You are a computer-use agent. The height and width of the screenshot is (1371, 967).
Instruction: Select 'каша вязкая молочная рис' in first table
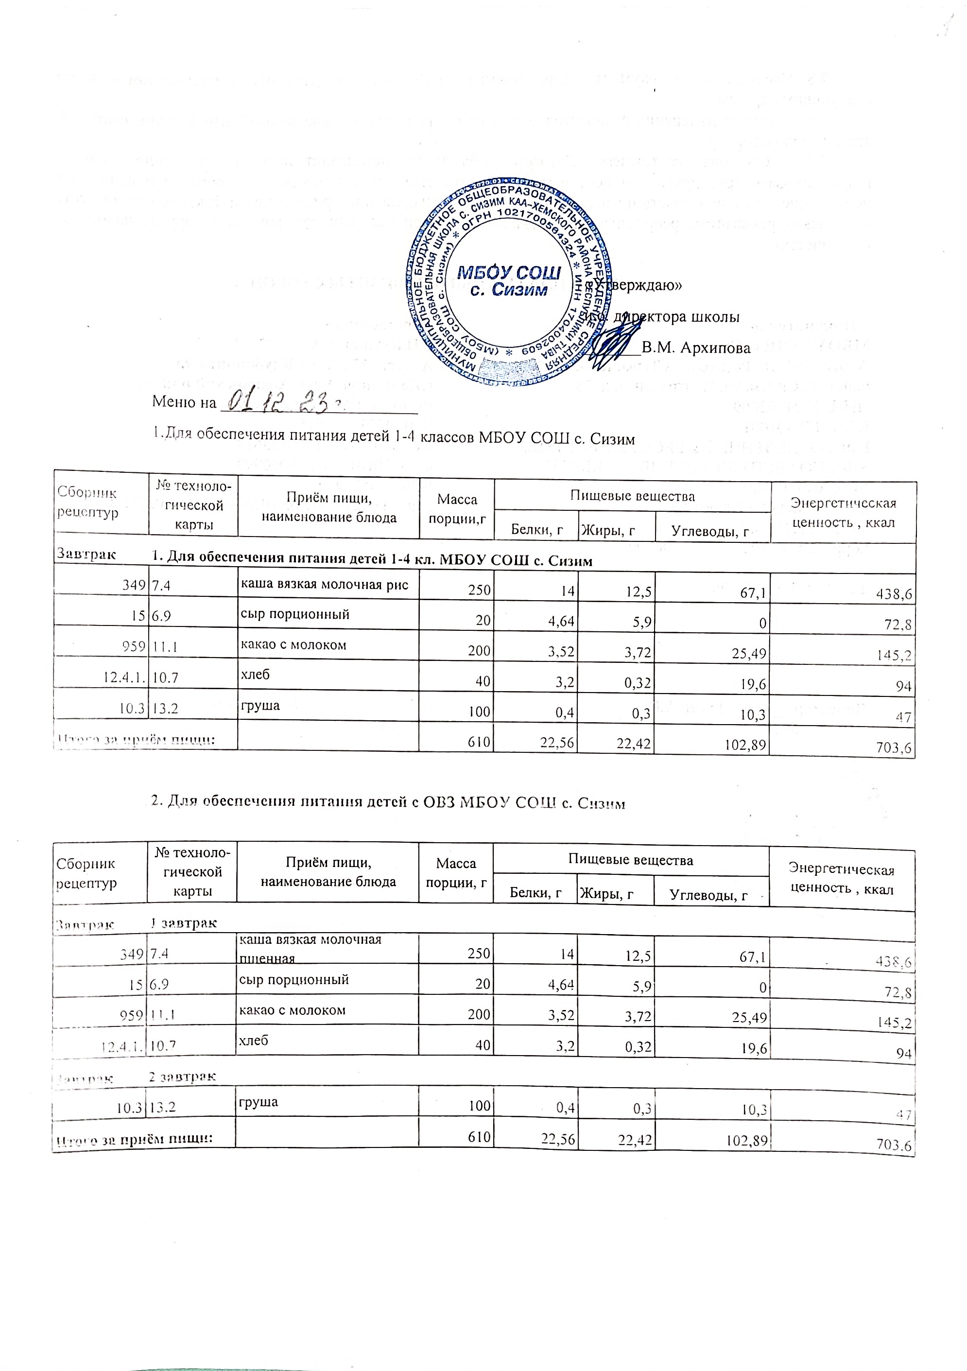click(324, 585)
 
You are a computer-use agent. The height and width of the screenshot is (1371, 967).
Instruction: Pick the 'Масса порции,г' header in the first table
click(457, 509)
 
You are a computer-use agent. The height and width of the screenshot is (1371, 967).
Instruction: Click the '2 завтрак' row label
click(182, 1076)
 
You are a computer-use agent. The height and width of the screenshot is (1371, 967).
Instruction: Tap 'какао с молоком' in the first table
click(293, 645)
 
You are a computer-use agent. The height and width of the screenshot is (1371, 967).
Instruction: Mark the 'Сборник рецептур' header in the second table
click(86, 873)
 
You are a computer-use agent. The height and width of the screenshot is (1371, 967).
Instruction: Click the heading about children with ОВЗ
click(388, 803)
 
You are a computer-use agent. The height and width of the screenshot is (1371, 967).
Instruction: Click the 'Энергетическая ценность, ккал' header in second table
click(841, 878)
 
